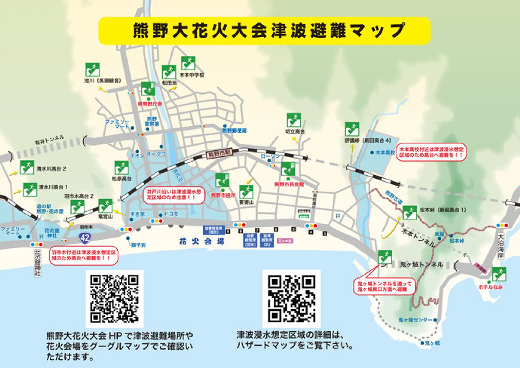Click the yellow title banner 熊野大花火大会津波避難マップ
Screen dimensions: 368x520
[264, 31]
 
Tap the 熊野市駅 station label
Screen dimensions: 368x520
[220, 154]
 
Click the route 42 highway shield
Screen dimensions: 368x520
[85, 238]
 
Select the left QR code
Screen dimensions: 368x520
[114, 299]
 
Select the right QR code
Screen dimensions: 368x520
[291, 298]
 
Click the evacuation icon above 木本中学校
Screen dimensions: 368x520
[188, 63]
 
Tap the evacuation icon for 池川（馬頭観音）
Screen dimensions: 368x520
[92, 70]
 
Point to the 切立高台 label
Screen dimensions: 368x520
[295, 131]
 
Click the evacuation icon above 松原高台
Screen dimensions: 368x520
[121, 168]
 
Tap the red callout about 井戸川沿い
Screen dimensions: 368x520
[174, 195]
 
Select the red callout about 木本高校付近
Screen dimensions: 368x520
[431, 152]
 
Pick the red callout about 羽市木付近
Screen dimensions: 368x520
[84, 255]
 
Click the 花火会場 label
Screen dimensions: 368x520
[201, 241]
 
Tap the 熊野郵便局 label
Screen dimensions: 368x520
[234, 131]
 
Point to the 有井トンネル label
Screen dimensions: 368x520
[50, 140]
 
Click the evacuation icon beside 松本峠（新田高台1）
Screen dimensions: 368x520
[409, 213]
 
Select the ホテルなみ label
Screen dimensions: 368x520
[490, 287]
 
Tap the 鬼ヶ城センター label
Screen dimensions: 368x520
[415, 320]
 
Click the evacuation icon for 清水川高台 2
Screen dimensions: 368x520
[27, 167]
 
